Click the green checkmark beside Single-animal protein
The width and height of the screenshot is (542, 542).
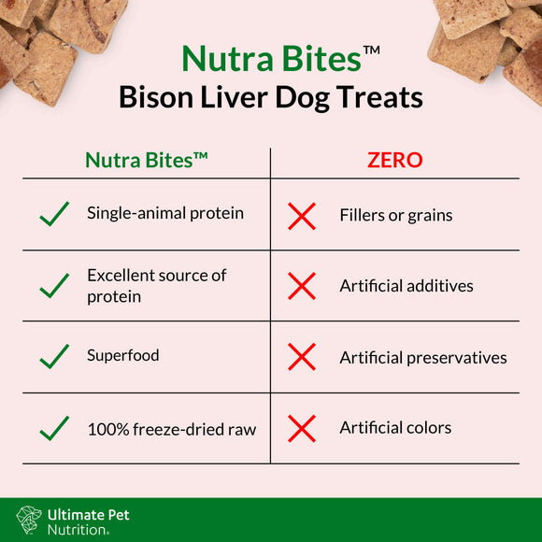click(x=54, y=215)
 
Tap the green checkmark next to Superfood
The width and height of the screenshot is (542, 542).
click(x=54, y=356)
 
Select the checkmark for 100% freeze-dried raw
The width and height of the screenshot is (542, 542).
click(x=54, y=428)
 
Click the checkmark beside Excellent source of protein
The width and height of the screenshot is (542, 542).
click(x=54, y=286)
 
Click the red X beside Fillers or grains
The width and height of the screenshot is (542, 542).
click(x=302, y=216)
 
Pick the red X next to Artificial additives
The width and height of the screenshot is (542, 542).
click(x=302, y=286)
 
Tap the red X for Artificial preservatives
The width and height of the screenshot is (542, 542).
click(x=302, y=357)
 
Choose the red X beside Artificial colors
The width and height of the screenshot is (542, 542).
click(x=302, y=428)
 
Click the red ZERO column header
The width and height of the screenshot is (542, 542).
click(x=394, y=160)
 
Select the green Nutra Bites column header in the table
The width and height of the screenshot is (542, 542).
click(x=147, y=160)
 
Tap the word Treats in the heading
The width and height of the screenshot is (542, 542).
click(x=382, y=97)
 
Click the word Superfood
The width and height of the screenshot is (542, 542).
click(x=123, y=355)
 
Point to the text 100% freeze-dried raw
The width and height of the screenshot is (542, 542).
click(x=171, y=430)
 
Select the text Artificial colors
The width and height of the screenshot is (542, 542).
click(x=395, y=428)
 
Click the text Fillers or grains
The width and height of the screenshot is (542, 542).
click(x=395, y=216)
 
